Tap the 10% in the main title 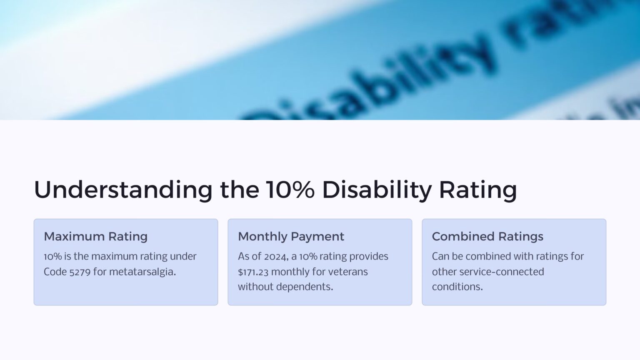tap(290, 190)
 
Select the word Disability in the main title tap(377, 190)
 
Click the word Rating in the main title tap(478, 190)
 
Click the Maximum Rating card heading tap(96, 237)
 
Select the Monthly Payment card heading tap(291, 237)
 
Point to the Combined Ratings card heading tap(487, 237)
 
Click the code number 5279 tap(80, 272)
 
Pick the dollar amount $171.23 tap(253, 272)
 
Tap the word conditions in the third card tap(457, 287)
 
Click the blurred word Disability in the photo tap(371, 83)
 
